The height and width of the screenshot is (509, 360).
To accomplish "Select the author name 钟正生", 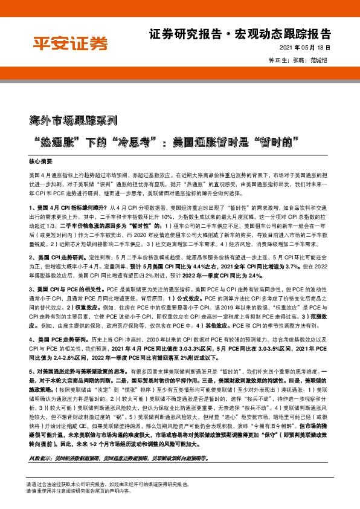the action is click(277, 60).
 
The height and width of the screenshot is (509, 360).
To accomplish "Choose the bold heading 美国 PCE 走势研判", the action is click(63, 342).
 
